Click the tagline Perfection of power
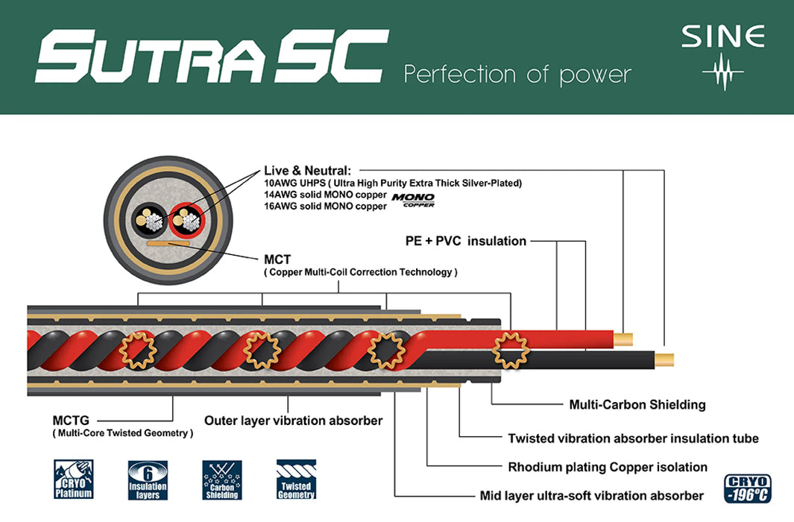pos(517,74)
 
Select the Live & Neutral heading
pos(307,171)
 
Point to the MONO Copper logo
pos(414,200)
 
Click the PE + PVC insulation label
pos(465,241)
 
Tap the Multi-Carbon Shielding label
pos(637,405)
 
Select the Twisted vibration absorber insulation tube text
pos(633,438)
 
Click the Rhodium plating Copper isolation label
pos(608,468)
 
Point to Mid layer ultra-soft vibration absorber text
pos(592,496)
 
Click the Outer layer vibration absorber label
pos(293,421)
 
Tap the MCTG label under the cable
pos(71,421)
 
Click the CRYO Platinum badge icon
pos(73,479)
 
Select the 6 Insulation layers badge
pos(148,479)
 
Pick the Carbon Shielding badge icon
pos(221,479)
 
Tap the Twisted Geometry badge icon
pos(296,479)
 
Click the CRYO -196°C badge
pos(746,488)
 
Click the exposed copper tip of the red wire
pos(623,339)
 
